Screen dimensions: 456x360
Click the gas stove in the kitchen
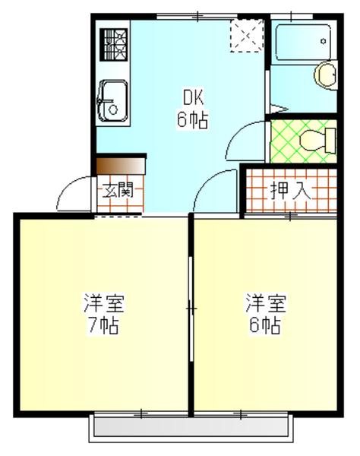pyautogui.click(x=113, y=43)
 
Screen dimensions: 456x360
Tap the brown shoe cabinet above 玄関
pyautogui.click(x=120, y=165)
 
